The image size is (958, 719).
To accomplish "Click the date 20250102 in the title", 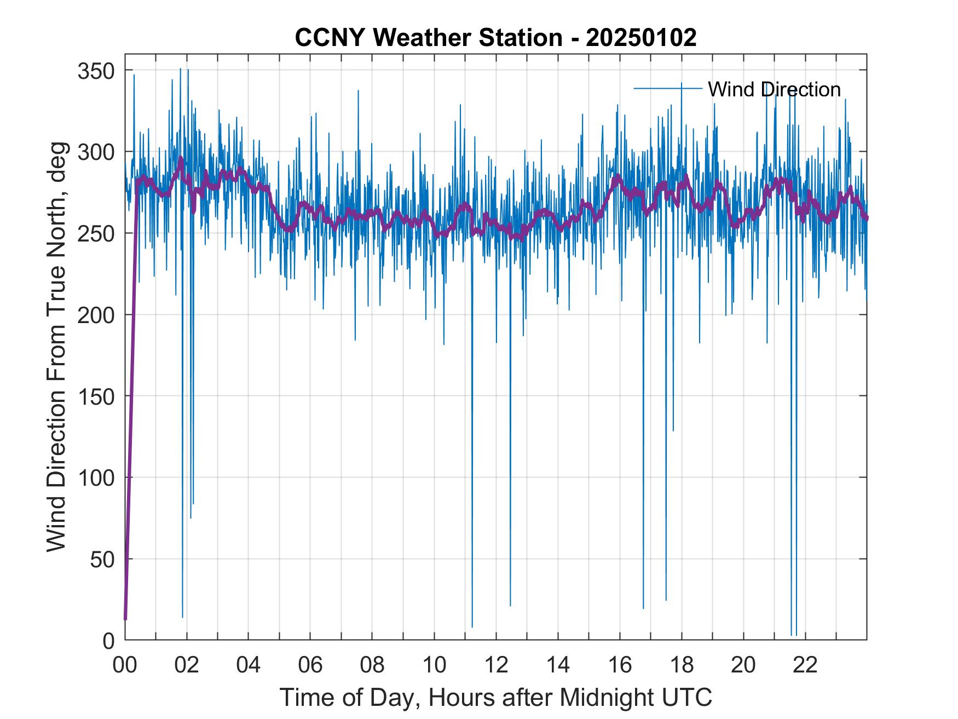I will point(641,38).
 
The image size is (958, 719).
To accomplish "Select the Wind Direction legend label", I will point(774,89).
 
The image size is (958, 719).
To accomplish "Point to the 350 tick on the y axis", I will point(95,71).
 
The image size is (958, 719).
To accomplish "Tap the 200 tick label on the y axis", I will point(95,315).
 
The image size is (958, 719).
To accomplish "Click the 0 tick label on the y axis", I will point(108,640).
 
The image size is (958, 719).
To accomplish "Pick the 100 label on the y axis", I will point(95,478).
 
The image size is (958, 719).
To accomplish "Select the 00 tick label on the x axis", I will point(125,665).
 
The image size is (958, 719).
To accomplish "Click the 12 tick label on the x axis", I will point(496,665).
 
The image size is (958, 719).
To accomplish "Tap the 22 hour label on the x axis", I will point(805,665).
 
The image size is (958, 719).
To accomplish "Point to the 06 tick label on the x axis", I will point(310,665).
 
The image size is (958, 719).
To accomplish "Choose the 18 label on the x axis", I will point(682,665).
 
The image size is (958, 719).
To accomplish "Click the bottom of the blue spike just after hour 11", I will point(472,626).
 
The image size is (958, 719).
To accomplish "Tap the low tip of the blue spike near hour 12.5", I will point(510,605).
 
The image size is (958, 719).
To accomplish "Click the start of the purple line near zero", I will point(125,618).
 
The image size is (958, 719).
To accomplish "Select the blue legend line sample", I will point(668,88).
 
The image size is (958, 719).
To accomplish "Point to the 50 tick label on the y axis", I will point(102,559).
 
